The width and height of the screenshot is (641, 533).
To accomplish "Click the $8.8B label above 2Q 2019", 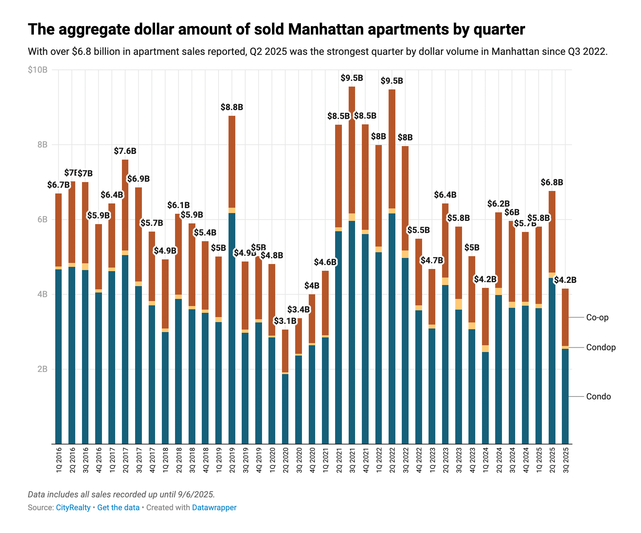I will [x=232, y=107].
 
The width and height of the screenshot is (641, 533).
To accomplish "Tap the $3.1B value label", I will [x=285, y=321].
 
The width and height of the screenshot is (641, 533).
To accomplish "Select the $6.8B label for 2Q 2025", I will [x=552, y=182].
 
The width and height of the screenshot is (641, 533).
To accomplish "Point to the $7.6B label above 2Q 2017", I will [x=125, y=151].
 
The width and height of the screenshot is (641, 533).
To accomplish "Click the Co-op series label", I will [x=597, y=317].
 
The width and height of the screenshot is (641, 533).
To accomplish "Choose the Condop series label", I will [x=601, y=347].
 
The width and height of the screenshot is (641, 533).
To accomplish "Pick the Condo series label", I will [x=598, y=397].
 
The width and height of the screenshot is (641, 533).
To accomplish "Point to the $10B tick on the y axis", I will [x=38, y=70].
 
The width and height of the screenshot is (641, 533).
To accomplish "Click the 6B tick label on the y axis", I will [x=42, y=219].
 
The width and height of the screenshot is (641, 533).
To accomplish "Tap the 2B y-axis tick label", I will [x=42, y=369].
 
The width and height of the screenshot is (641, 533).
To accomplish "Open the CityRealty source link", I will [x=73, y=507].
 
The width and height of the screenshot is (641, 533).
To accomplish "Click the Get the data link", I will [x=118, y=507].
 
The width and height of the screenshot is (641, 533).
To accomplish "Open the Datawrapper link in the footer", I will [x=214, y=507].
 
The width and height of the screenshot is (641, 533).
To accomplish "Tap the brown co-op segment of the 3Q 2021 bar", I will [x=352, y=150].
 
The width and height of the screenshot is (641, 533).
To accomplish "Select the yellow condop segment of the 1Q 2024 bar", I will [x=485, y=348].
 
